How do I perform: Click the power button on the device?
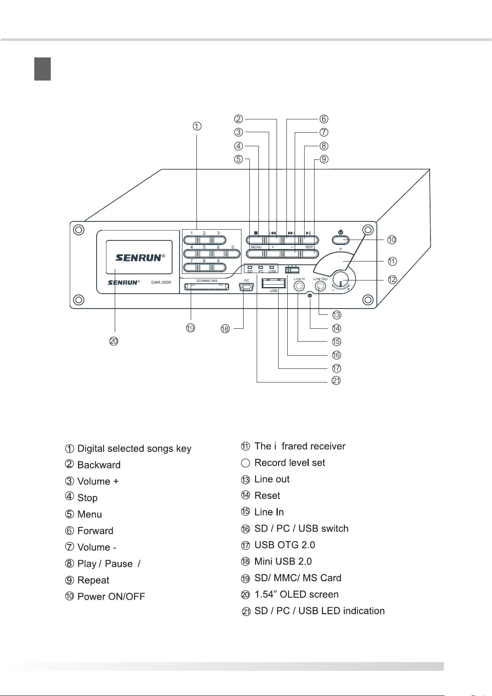[x=341, y=240]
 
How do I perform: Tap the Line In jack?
[x=299, y=286]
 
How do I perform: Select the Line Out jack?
[x=320, y=286]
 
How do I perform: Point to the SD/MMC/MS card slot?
[x=206, y=287]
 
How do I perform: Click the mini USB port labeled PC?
[x=246, y=287]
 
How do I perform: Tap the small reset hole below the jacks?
[x=310, y=295]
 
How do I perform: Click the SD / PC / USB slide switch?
[x=292, y=270]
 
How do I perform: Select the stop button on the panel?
[x=255, y=240]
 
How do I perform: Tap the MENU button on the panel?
[x=255, y=254]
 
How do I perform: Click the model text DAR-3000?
[x=161, y=283]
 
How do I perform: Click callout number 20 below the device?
[x=114, y=341]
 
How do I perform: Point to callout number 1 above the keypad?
[x=197, y=126]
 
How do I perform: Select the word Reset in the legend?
[x=267, y=496]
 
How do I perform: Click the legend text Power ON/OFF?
[x=111, y=596]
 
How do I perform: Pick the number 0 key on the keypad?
[x=232, y=254]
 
